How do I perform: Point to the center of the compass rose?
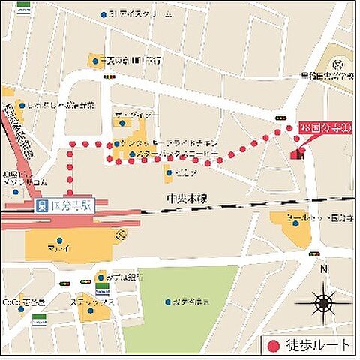pyautogui.click(x=324, y=302)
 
